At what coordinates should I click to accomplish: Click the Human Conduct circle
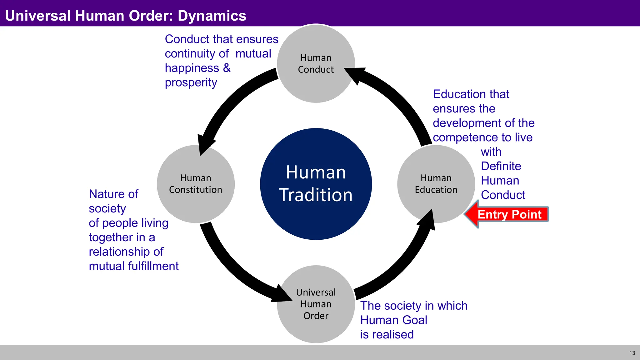point(316,64)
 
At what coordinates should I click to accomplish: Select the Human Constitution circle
point(196,184)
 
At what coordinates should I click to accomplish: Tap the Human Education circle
point(436,184)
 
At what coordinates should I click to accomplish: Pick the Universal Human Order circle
point(316,304)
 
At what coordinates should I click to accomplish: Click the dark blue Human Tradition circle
point(316,184)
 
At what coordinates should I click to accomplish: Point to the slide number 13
point(632,353)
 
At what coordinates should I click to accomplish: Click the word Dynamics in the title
point(212,16)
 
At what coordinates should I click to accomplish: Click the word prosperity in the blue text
point(191,83)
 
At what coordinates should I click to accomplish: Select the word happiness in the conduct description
point(192,68)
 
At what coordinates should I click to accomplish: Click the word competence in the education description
point(457,137)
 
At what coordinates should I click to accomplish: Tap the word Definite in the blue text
point(501,166)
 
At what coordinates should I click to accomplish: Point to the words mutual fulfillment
point(133,266)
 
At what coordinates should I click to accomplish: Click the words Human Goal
point(393,320)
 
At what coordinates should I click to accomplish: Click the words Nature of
point(113,194)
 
